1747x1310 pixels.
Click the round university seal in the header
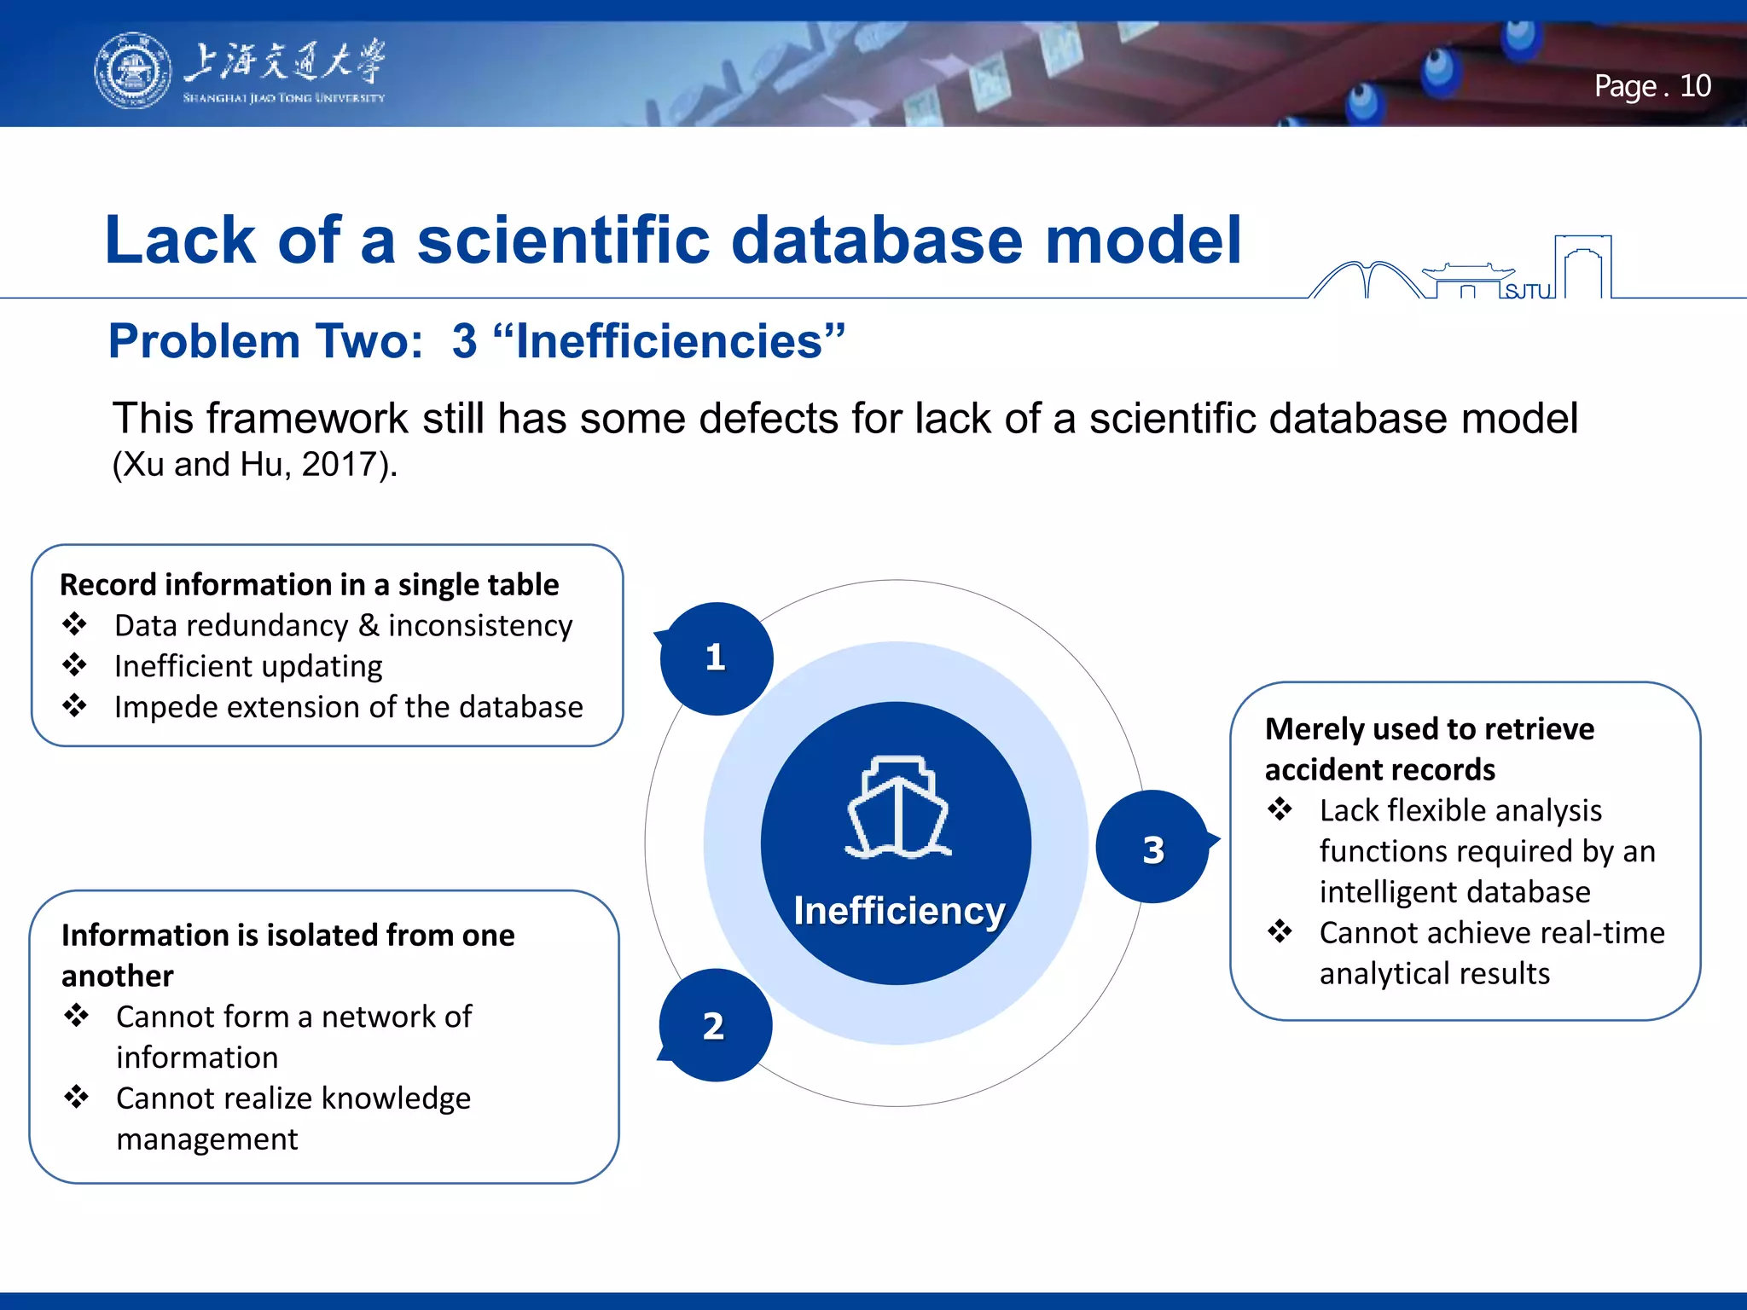click(132, 71)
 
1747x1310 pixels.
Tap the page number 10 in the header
click(1695, 86)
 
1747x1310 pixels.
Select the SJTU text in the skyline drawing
click(1528, 292)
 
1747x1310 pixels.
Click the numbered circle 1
click(716, 658)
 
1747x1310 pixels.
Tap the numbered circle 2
click(714, 1026)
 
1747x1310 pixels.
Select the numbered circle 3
click(1153, 849)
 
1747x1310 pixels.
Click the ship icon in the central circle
click(897, 808)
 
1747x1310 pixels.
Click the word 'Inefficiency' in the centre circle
click(899, 911)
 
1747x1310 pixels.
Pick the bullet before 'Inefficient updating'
click(75, 665)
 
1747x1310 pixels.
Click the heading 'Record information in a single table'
click(309, 585)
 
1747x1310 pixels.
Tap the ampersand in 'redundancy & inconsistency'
click(369, 625)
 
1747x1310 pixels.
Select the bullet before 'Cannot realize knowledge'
click(77, 1097)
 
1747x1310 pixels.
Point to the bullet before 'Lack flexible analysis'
click(1280, 809)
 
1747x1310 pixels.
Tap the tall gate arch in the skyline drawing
click(1582, 265)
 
